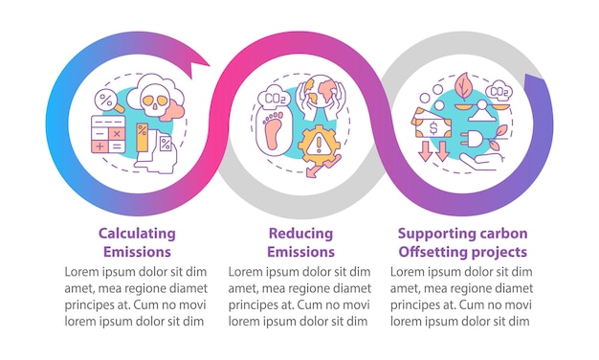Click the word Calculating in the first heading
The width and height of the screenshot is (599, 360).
pos(137,233)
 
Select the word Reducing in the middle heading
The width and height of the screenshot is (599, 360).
pos(300,233)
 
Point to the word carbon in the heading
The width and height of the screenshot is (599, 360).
pos(502,233)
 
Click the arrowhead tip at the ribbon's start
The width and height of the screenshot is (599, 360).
pos(210,66)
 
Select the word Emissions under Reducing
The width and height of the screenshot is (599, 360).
pos(300,252)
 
